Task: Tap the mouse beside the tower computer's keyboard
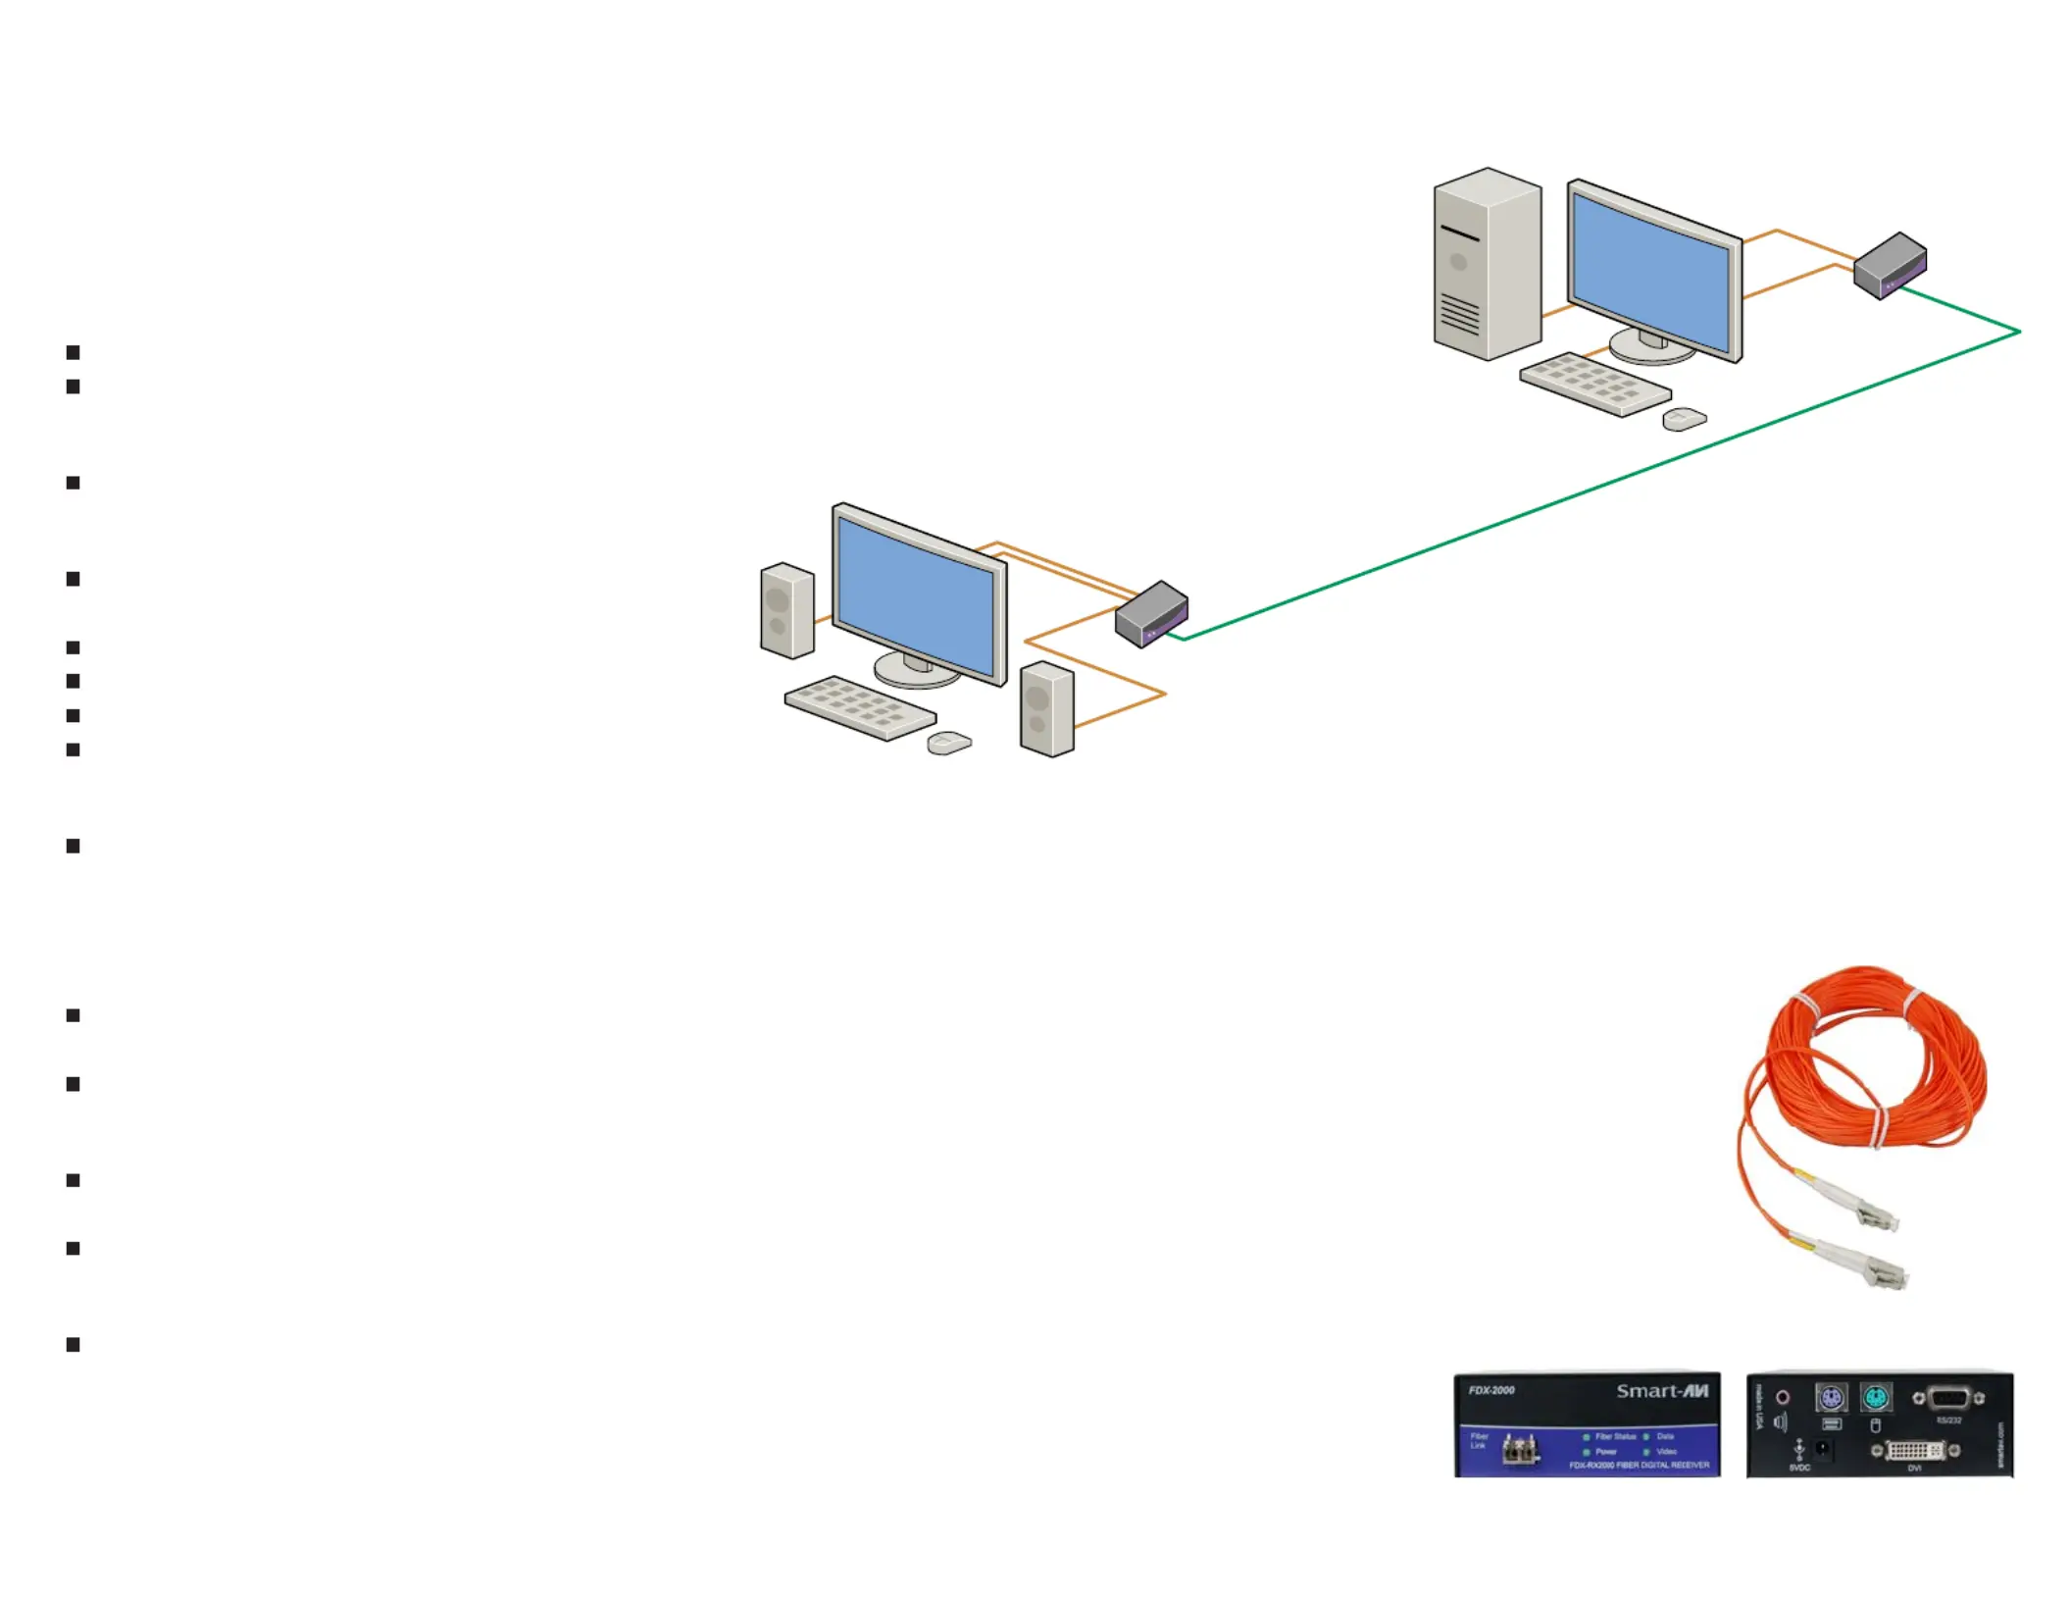(x=1685, y=419)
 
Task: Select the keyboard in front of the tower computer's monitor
(x=1595, y=384)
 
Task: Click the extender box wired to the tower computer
(x=1890, y=265)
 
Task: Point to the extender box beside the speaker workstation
(x=1151, y=614)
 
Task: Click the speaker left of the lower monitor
(x=786, y=610)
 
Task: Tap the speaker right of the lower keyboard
(x=1046, y=709)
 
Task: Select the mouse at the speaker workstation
(x=949, y=743)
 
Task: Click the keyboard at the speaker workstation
(x=860, y=707)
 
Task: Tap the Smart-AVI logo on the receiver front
(x=1662, y=1391)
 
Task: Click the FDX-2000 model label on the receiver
(x=1491, y=1390)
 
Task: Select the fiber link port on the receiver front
(x=1519, y=1450)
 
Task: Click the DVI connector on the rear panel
(x=1913, y=1450)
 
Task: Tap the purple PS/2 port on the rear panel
(x=1830, y=1397)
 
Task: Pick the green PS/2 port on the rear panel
(x=1875, y=1397)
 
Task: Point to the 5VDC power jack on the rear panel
(x=1822, y=1449)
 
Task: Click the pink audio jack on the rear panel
(x=1782, y=1397)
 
